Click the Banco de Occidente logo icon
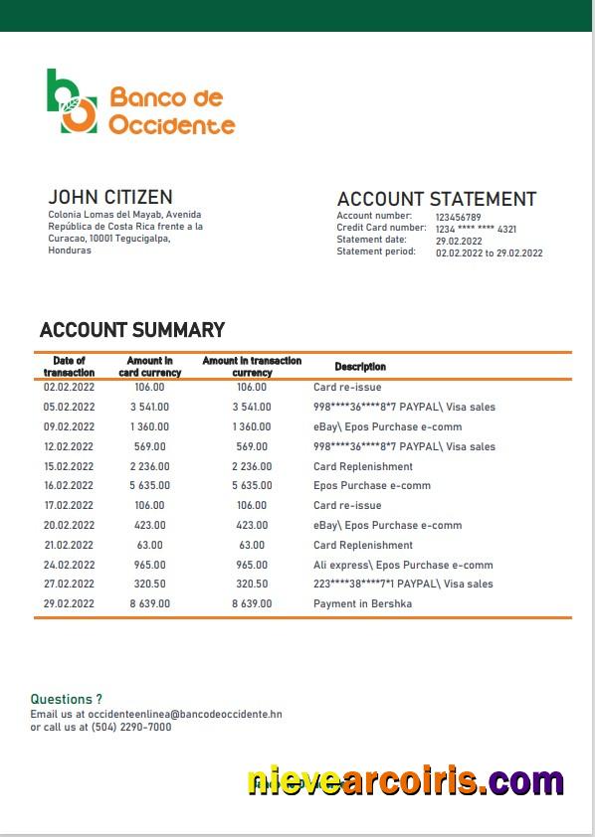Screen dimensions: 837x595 pyautogui.click(x=72, y=101)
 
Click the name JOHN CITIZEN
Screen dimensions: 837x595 pyautogui.click(x=109, y=197)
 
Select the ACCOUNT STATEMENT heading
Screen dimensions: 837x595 pyautogui.click(x=436, y=199)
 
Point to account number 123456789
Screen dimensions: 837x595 pyautogui.click(x=458, y=217)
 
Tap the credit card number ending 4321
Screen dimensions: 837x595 pyautogui.click(x=476, y=229)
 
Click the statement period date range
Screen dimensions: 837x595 pyautogui.click(x=489, y=252)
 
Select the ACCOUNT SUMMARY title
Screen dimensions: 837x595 pyautogui.click(x=131, y=330)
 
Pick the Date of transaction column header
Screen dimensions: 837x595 pyautogui.click(x=69, y=366)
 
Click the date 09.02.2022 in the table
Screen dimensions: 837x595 pyautogui.click(x=69, y=426)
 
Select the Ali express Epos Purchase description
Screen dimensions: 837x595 pyautogui.click(x=403, y=565)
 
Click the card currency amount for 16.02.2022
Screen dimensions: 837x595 pyautogui.click(x=149, y=486)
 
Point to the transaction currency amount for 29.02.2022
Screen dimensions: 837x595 pyautogui.click(x=252, y=603)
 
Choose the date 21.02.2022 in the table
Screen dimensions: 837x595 pyautogui.click(x=69, y=545)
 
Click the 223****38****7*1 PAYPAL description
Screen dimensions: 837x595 pyautogui.click(x=403, y=584)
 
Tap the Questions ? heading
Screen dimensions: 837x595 pyautogui.click(x=66, y=700)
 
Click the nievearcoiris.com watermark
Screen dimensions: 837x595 pyautogui.click(x=405, y=780)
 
